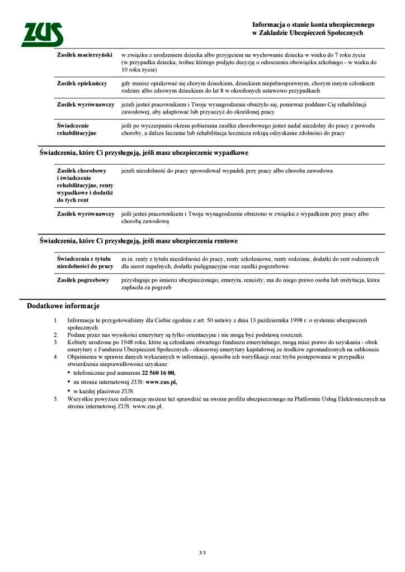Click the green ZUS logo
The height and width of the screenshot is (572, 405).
[x=41, y=35]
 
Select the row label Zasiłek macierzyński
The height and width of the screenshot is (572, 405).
[x=84, y=55]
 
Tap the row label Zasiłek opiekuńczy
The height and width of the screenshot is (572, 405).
[x=82, y=83]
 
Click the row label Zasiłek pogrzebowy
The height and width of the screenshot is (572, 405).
[x=83, y=280]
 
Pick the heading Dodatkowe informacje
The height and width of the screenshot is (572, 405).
[x=63, y=306]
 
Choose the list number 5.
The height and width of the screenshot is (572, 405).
[x=55, y=399]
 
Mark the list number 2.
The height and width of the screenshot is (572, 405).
[x=55, y=334]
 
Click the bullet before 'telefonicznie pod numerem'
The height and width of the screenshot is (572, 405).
[x=69, y=373]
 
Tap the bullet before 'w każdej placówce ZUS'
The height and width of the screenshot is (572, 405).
[x=69, y=392]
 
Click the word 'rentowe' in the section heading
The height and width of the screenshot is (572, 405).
[x=224, y=241]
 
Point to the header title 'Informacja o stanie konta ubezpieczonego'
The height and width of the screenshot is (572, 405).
[x=313, y=25]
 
